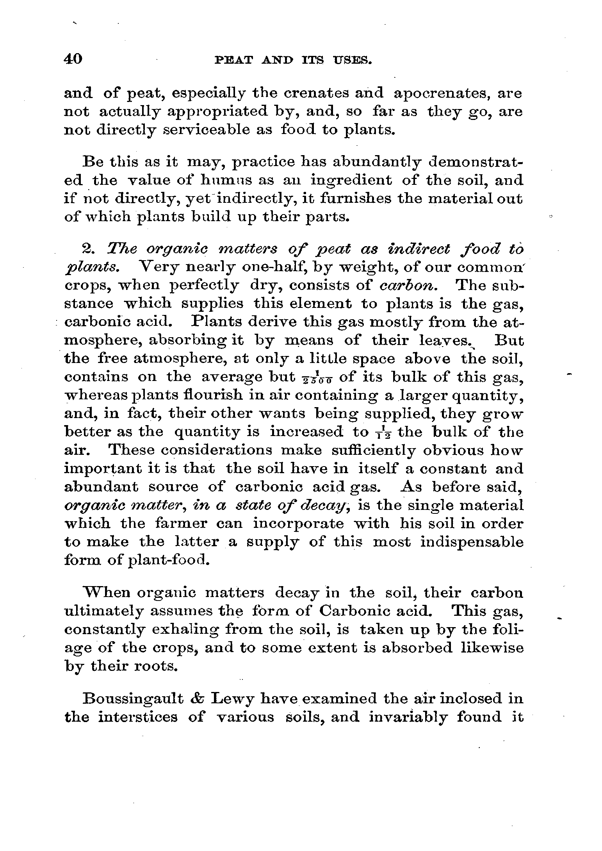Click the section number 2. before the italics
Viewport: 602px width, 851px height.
pos(91,249)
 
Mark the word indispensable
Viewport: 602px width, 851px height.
pos(472,543)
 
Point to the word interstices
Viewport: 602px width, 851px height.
pos(138,717)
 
